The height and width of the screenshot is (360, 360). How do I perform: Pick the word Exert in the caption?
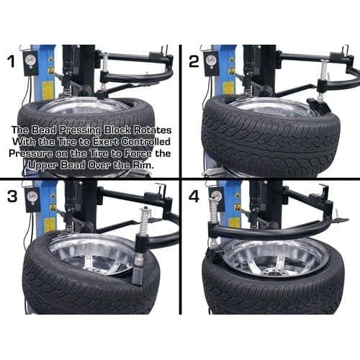[x=137, y=142]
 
